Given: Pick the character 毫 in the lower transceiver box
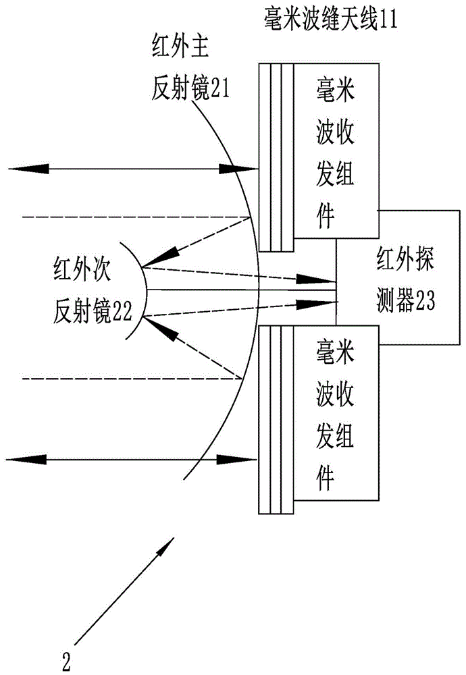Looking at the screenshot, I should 327,350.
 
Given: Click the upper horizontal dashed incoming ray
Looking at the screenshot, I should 135,217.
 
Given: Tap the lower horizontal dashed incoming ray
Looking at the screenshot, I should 135,379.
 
